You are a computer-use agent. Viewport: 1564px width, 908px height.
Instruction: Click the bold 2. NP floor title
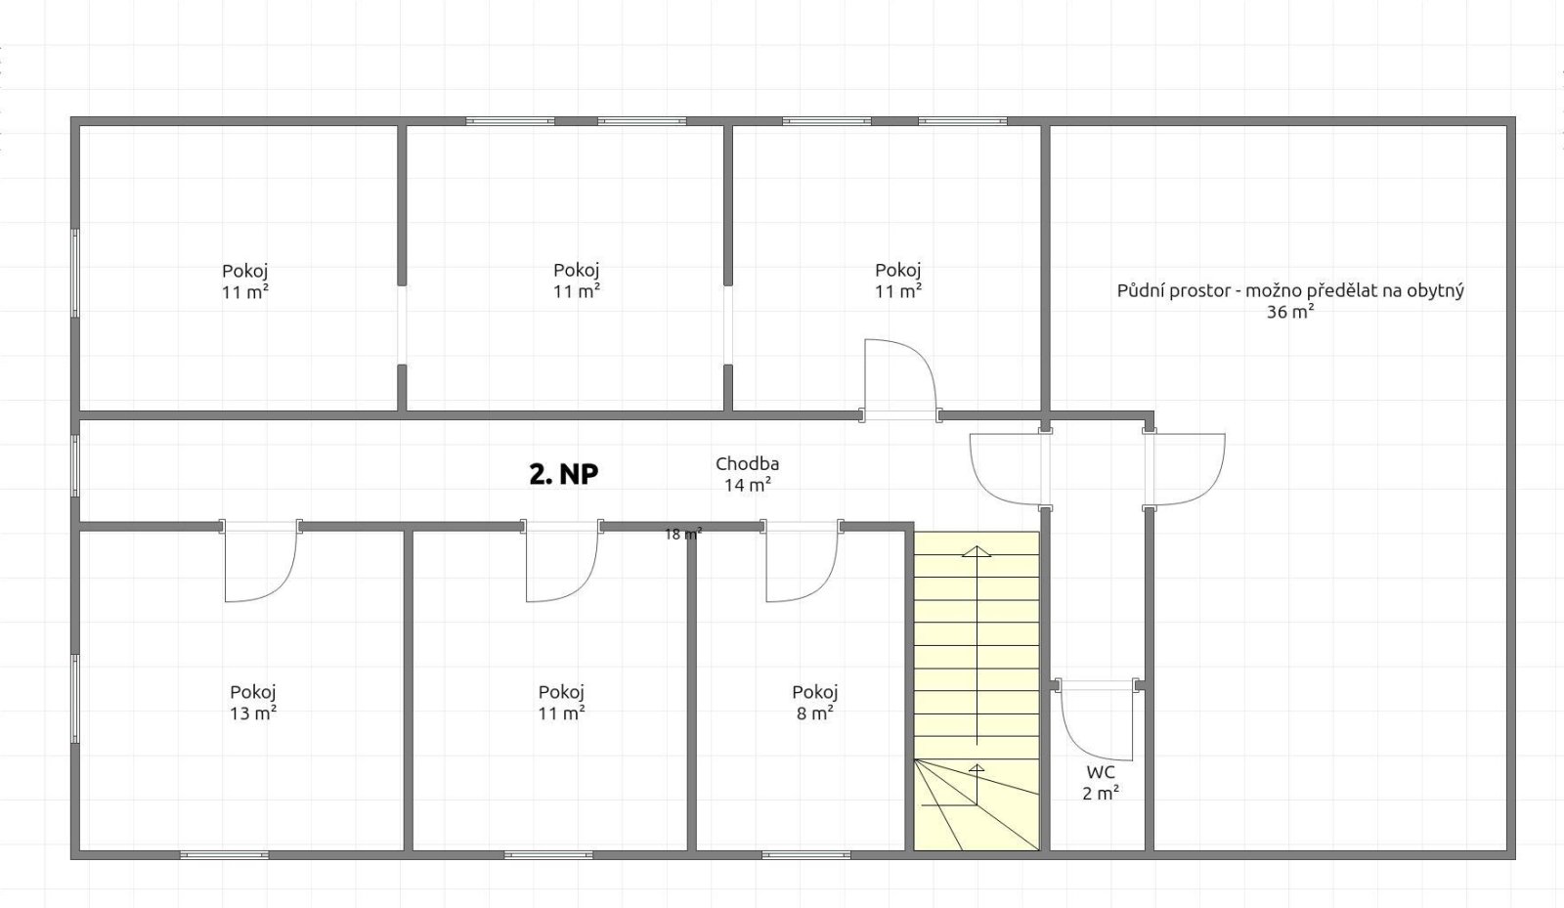click(x=563, y=475)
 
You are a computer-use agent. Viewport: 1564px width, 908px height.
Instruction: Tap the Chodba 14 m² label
click(x=747, y=474)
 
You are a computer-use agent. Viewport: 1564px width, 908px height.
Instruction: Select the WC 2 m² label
click(x=1101, y=782)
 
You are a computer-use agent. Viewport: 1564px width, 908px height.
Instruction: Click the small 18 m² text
click(x=683, y=535)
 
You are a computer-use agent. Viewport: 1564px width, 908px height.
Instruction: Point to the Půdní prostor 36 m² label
click(x=1290, y=301)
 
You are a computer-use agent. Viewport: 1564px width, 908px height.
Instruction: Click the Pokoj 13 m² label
click(x=253, y=702)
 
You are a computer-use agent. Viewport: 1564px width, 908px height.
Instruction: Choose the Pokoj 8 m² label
click(x=815, y=702)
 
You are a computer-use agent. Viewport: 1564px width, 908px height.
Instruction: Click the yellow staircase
click(x=977, y=691)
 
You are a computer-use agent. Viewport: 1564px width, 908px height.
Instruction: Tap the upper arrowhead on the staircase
click(x=977, y=551)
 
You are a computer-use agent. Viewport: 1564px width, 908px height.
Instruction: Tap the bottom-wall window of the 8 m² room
click(x=805, y=855)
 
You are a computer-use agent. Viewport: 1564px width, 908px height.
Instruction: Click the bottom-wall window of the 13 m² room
click(x=224, y=855)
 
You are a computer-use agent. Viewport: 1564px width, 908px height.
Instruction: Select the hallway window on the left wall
click(x=75, y=465)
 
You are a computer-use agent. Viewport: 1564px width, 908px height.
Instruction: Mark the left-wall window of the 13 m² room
click(x=75, y=699)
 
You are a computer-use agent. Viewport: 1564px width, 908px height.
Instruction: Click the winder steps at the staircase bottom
click(x=977, y=804)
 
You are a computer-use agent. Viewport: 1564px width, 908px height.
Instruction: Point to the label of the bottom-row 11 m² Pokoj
click(x=561, y=702)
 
